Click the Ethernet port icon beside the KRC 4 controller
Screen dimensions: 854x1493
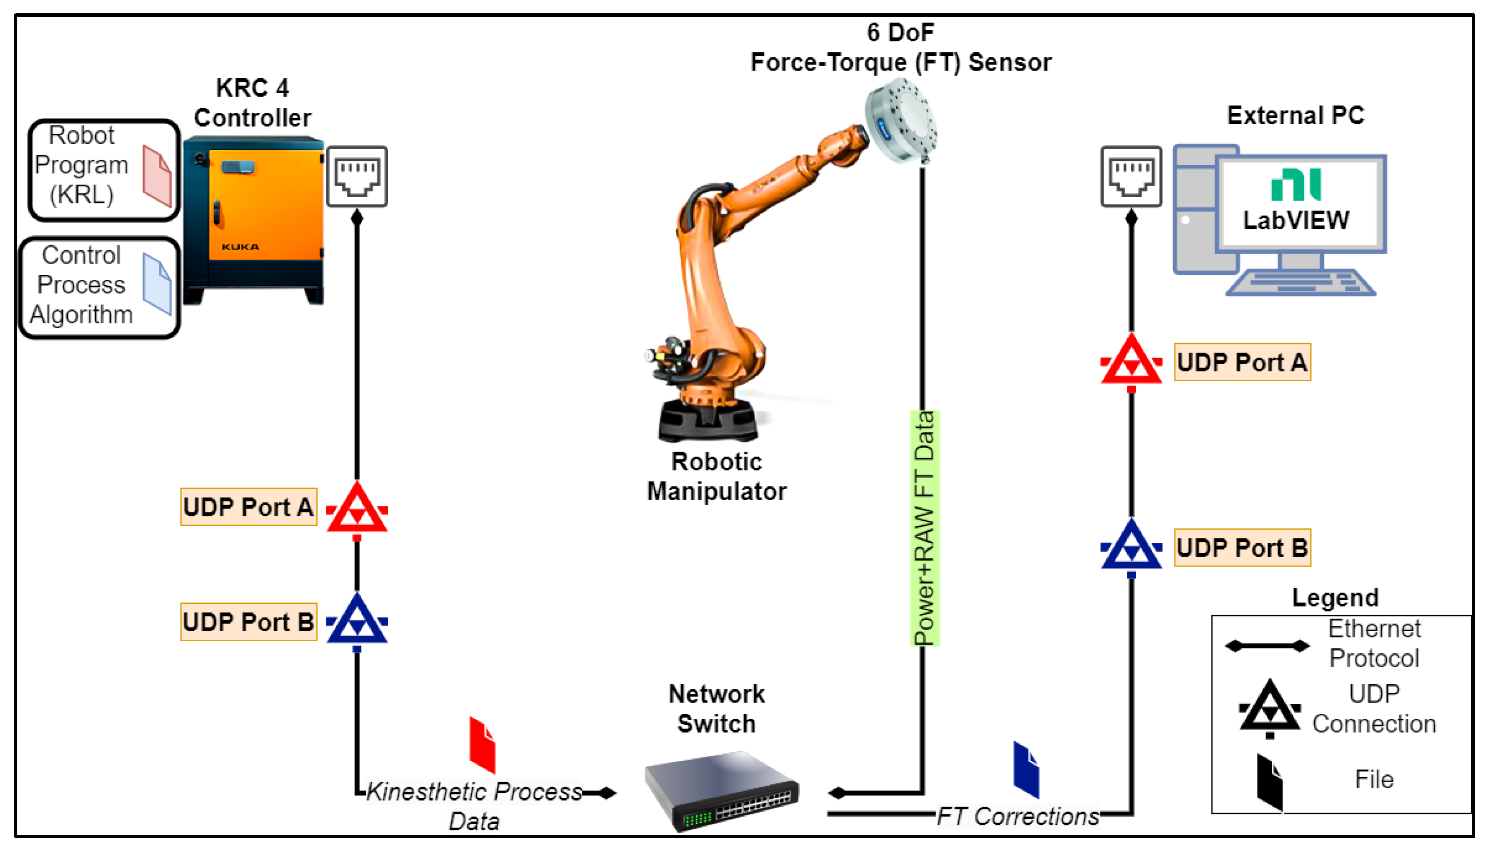click(x=357, y=177)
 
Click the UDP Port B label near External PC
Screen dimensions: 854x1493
click(x=1241, y=548)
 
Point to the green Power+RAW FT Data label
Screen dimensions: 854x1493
click(x=924, y=528)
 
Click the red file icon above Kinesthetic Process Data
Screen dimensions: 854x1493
click(x=482, y=745)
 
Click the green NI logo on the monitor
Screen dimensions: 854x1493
click(x=1296, y=185)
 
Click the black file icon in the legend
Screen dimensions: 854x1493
click(x=1269, y=783)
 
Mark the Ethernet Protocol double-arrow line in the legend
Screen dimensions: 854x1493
click(x=1266, y=646)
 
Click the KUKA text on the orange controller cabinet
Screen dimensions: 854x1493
click(x=241, y=247)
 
